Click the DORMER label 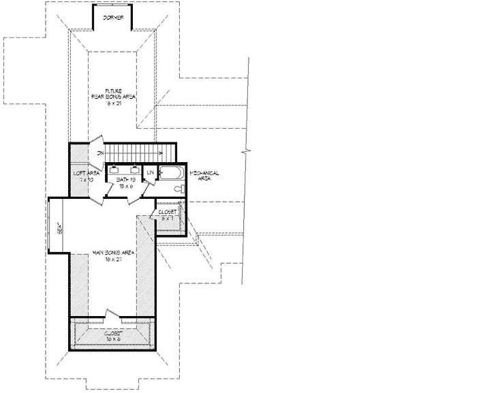coord(112,18)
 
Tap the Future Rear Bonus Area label coord(113,93)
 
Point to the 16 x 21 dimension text coord(113,103)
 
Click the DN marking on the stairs coord(100,153)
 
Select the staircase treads coord(136,151)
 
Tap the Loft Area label coord(87,173)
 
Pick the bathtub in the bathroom coord(171,172)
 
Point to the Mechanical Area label coord(204,176)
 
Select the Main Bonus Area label coord(113,252)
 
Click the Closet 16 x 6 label coord(113,336)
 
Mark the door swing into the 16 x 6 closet coord(112,315)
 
